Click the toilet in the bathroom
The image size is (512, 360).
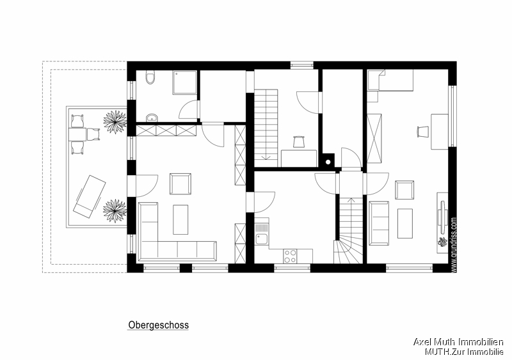(x=150, y=78)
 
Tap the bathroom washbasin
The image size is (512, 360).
(x=151, y=117)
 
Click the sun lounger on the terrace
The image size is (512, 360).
(x=88, y=194)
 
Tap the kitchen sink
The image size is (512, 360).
(x=262, y=239)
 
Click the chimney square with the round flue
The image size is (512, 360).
(x=328, y=161)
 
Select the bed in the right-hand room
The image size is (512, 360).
(x=390, y=81)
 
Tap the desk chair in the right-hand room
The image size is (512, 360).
(x=422, y=131)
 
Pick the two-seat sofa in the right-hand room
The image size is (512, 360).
(x=379, y=223)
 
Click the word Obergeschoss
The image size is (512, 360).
(x=159, y=325)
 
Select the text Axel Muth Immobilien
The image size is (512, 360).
(x=458, y=343)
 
